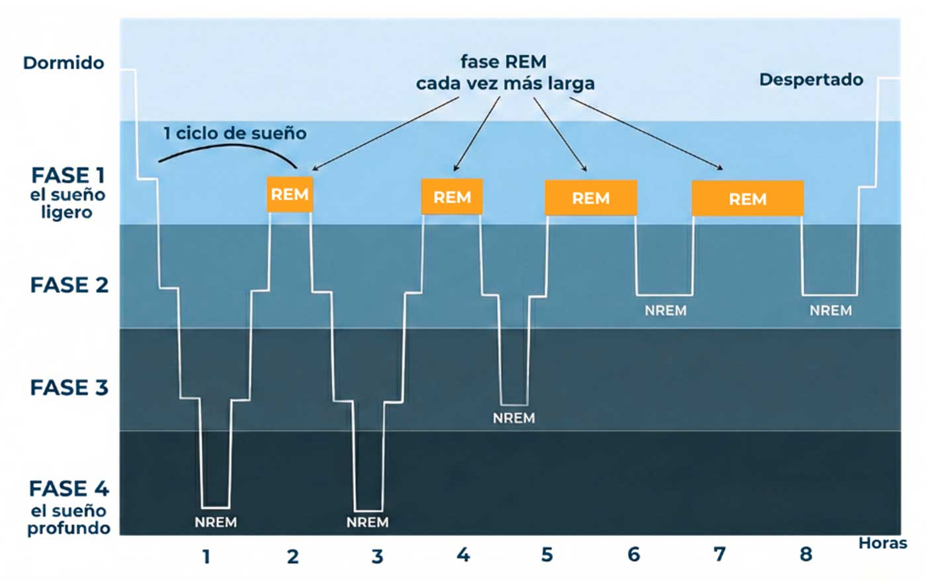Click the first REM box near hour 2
pyautogui.click(x=290, y=194)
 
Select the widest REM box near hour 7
pyautogui.click(x=747, y=198)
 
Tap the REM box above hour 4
pyautogui.click(x=452, y=196)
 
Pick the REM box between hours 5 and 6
pyautogui.click(x=591, y=198)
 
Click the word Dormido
pyautogui.click(x=63, y=63)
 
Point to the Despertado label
pyautogui.click(x=811, y=80)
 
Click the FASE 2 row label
pyautogui.click(x=69, y=286)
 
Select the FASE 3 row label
pyautogui.click(x=69, y=387)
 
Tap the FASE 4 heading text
pyautogui.click(x=69, y=489)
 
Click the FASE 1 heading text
pyautogui.click(x=68, y=176)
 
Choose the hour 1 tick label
pyautogui.click(x=206, y=557)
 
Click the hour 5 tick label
pyautogui.click(x=547, y=555)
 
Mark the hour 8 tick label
pyautogui.click(x=806, y=555)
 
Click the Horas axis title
pyautogui.click(x=882, y=543)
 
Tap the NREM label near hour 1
pyautogui.click(x=216, y=522)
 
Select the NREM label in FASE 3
pyautogui.click(x=514, y=418)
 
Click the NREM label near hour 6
pyautogui.click(x=665, y=311)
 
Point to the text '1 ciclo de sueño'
pyautogui.click(x=235, y=134)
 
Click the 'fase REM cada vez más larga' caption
pyautogui.click(x=505, y=73)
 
